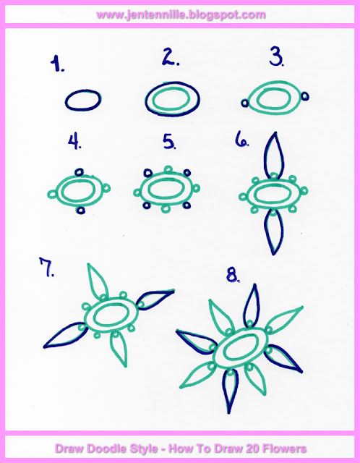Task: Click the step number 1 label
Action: (57, 64)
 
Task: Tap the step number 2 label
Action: (171, 58)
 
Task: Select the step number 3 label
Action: (276, 58)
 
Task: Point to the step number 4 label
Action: (74, 142)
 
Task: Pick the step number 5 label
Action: (170, 142)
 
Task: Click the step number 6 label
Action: (242, 140)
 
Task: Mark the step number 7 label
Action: (47, 267)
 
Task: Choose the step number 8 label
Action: (233, 276)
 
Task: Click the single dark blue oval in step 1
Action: (83, 100)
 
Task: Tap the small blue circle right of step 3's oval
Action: (305, 96)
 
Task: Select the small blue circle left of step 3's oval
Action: (244, 103)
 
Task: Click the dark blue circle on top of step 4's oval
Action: (80, 172)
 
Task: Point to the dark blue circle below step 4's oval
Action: (80, 210)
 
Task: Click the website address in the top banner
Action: (181, 14)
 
